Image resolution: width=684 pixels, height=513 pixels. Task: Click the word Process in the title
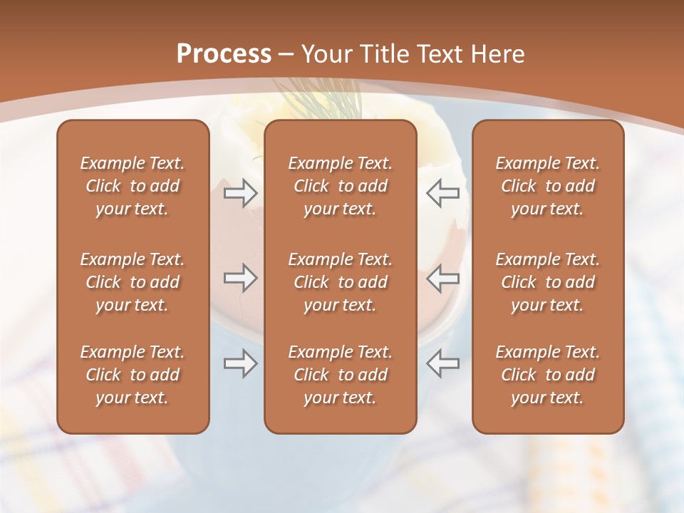point(224,54)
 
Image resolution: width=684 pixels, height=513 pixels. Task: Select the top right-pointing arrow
point(241,193)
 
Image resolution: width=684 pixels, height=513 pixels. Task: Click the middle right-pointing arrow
point(241,278)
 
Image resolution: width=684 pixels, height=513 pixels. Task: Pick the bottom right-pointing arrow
point(241,363)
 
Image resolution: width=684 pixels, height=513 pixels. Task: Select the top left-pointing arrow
point(442,193)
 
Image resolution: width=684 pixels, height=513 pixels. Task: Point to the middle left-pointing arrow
point(442,278)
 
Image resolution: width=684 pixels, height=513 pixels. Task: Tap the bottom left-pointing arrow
point(442,363)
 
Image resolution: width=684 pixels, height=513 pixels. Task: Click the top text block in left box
point(133,186)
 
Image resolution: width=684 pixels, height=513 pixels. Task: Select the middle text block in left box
point(133,282)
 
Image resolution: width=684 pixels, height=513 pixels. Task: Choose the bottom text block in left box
point(133,375)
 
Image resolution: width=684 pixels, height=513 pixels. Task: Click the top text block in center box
point(340,186)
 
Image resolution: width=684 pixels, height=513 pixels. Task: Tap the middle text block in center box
point(340,282)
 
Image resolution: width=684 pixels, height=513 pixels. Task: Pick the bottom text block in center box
point(340,375)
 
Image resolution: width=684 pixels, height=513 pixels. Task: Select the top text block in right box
point(547,186)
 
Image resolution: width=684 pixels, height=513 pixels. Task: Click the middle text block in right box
point(547,282)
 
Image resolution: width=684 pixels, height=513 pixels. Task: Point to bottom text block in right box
point(547,375)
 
